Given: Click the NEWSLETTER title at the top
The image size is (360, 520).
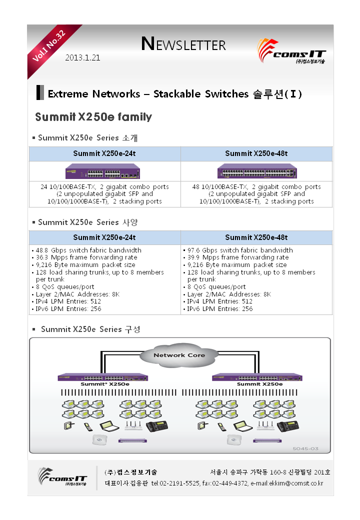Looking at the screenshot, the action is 183,44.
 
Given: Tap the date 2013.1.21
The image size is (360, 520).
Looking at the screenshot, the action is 82,57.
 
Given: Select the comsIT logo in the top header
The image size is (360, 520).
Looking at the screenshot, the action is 291,51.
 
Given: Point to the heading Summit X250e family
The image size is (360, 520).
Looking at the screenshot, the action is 93,116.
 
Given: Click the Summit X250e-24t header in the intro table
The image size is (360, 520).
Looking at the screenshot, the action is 104,153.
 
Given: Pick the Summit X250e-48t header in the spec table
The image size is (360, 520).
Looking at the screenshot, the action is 256,237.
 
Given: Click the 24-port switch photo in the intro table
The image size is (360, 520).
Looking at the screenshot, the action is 102,171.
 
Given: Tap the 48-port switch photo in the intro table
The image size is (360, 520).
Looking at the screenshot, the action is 257,171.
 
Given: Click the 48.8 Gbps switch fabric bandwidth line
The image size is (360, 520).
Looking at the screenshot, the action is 88,250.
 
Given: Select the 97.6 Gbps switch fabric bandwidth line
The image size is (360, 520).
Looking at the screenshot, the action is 240,250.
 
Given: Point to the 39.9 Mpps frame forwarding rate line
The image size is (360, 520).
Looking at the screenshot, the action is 238,257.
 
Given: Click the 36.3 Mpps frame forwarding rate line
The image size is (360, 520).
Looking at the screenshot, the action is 86,257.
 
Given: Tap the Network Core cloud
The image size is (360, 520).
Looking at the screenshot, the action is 179,355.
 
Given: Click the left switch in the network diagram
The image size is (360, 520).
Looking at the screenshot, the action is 103,377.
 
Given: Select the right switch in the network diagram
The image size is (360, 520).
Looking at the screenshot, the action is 257,377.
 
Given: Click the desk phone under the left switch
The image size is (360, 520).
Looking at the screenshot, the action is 157,426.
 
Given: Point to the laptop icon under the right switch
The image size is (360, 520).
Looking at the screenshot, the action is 242,426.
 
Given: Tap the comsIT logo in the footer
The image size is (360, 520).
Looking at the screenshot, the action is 62,477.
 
